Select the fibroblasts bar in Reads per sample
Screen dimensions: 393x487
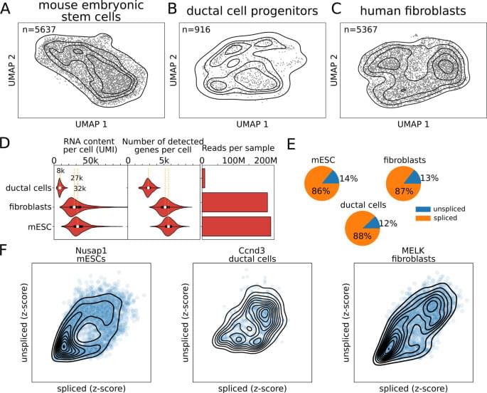(235, 207)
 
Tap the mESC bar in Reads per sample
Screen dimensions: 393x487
(236, 226)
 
